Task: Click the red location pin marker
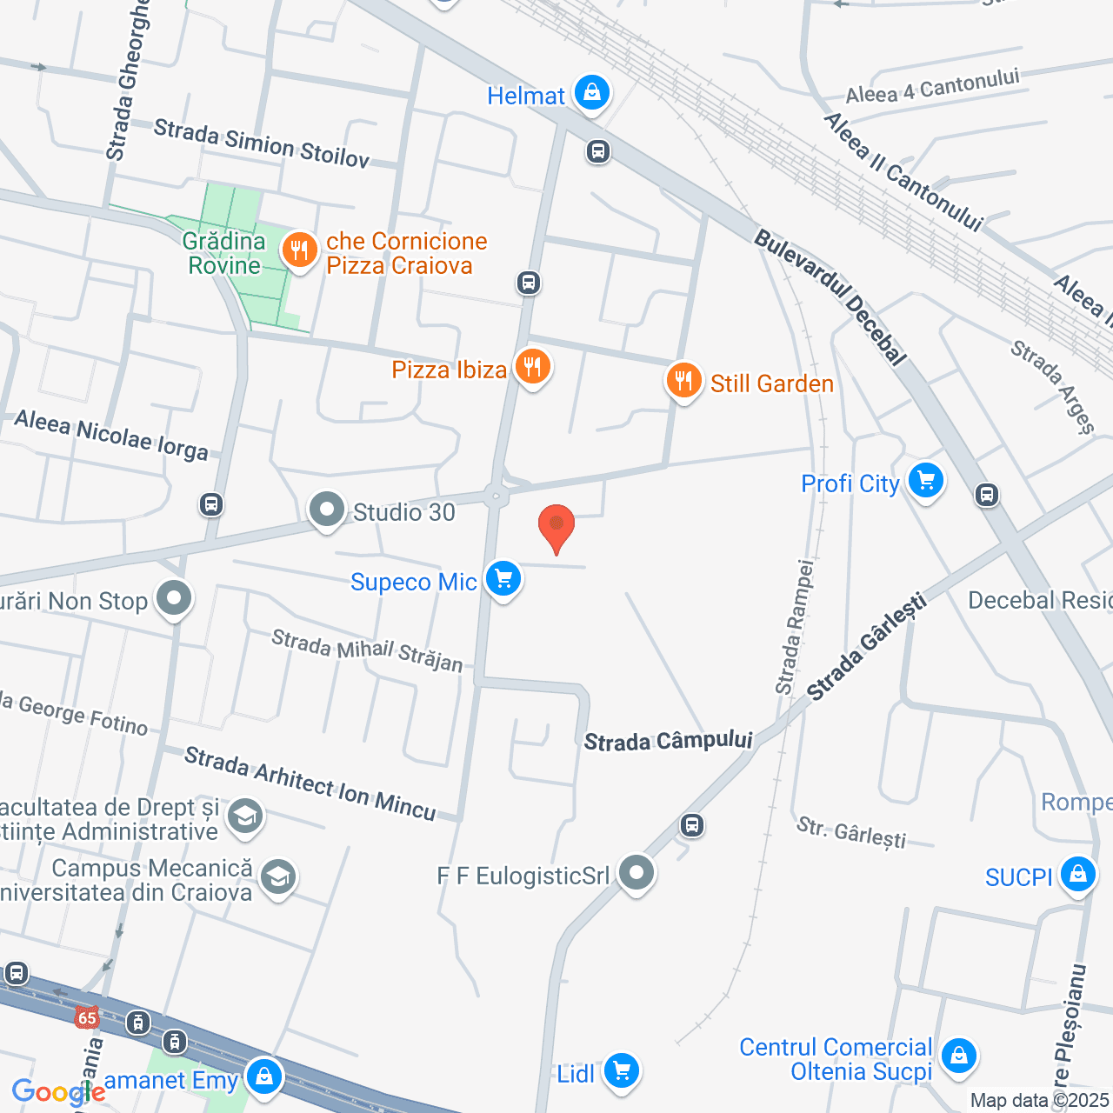click(x=556, y=527)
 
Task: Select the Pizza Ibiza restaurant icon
click(x=532, y=367)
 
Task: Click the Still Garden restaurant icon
click(x=683, y=381)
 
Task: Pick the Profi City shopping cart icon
click(x=925, y=481)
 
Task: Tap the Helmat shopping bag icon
click(x=592, y=93)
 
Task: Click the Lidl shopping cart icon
click(x=621, y=1071)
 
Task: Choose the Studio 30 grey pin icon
click(x=327, y=510)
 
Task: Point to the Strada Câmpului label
click(x=668, y=741)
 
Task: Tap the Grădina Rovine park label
click(x=224, y=253)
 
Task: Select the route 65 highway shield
click(x=87, y=1017)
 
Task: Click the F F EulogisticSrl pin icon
click(x=636, y=873)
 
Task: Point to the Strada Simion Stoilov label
click(x=262, y=143)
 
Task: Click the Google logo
click(x=57, y=1092)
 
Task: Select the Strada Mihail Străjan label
click(x=367, y=650)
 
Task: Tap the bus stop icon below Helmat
click(x=597, y=151)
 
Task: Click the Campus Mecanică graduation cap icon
click(x=277, y=878)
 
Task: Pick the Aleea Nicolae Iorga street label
click(x=111, y=435)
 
